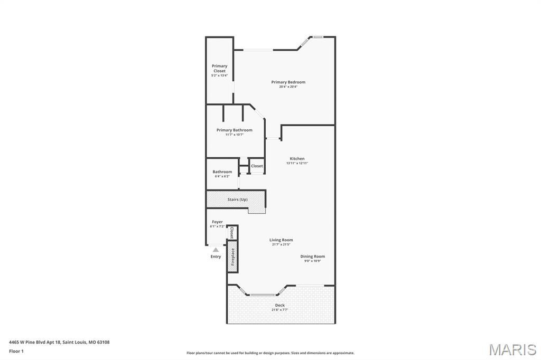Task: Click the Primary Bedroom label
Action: point(288,82)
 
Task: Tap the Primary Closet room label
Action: point(219,68)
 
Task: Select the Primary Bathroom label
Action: point(234,130)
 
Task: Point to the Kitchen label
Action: point(297,158)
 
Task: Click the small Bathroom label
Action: point(222,172)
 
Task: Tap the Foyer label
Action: point(217,222)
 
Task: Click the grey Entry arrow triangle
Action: point(216,250)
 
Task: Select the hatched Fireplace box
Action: point(232,257)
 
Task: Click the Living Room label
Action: point(281,240)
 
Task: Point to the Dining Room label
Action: point(313,257)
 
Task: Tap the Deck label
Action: point(280,305)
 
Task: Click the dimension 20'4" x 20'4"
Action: point(288,87)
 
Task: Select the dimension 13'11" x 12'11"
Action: point(297,163)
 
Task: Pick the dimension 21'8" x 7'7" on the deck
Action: point(280,310)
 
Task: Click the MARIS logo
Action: point(512,349)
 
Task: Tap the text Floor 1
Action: point(16,351)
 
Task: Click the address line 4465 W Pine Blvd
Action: point(59,342)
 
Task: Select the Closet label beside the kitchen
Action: point(257,166)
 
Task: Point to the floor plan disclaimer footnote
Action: point(270,353)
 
